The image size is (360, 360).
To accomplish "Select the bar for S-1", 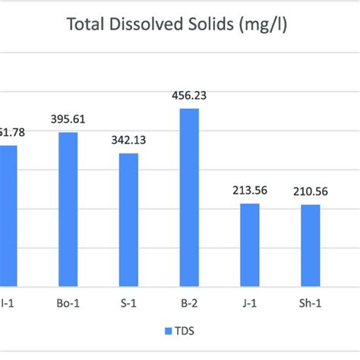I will [x=128, y=219].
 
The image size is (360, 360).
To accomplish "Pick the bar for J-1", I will [x=250, y=245].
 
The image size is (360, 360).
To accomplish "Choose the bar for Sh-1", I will [x=310, y=245].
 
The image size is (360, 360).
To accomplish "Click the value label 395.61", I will [x=68, y=122].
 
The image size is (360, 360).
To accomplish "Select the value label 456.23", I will [x=189, y=97].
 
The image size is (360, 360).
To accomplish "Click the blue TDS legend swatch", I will [x=166, y=331].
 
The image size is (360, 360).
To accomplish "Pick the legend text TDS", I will [x=181, y=331].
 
